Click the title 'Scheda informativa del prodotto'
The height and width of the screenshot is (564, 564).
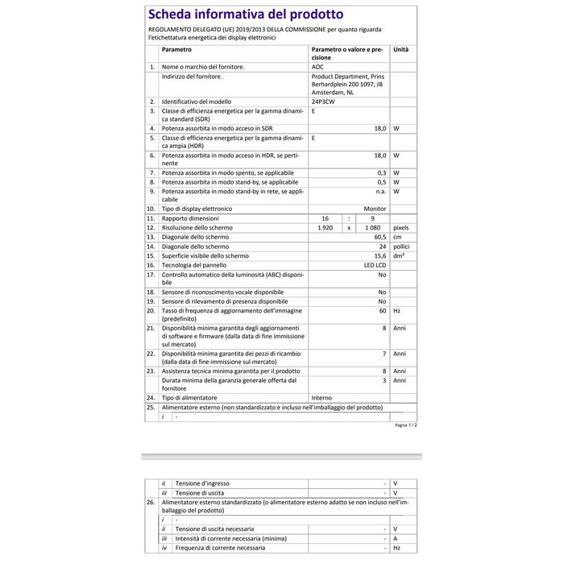245,15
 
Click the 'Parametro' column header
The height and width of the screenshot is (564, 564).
176,49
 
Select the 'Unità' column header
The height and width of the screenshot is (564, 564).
400,49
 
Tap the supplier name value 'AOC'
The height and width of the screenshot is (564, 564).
317,67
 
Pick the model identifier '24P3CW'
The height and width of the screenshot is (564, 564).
325,102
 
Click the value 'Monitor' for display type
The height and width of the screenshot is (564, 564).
375,209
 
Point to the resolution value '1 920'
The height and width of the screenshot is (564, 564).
326,228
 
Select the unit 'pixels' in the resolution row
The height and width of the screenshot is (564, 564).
401,228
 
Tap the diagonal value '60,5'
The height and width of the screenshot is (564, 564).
379,237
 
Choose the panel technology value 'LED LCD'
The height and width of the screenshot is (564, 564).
375,265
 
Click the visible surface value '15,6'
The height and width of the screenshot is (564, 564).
379,255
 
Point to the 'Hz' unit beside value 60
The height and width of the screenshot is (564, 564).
396,310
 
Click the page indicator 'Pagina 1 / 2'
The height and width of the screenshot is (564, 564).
405,425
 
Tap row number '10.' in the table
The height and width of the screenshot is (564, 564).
151,209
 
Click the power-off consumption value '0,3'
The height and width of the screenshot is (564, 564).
382,173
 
